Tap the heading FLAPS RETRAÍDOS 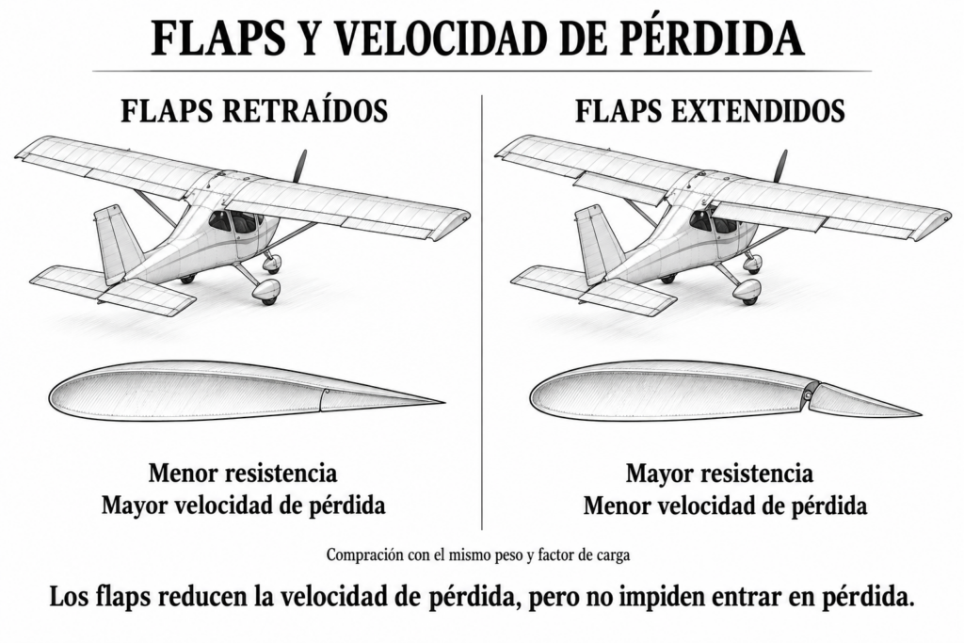254,111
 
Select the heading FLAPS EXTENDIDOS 710,111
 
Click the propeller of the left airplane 300,167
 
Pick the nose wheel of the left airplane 267,293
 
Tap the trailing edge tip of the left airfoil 443,404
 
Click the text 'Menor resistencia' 243,474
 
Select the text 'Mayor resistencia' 719,474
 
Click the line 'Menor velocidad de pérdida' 726,506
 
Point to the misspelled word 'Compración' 364,555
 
